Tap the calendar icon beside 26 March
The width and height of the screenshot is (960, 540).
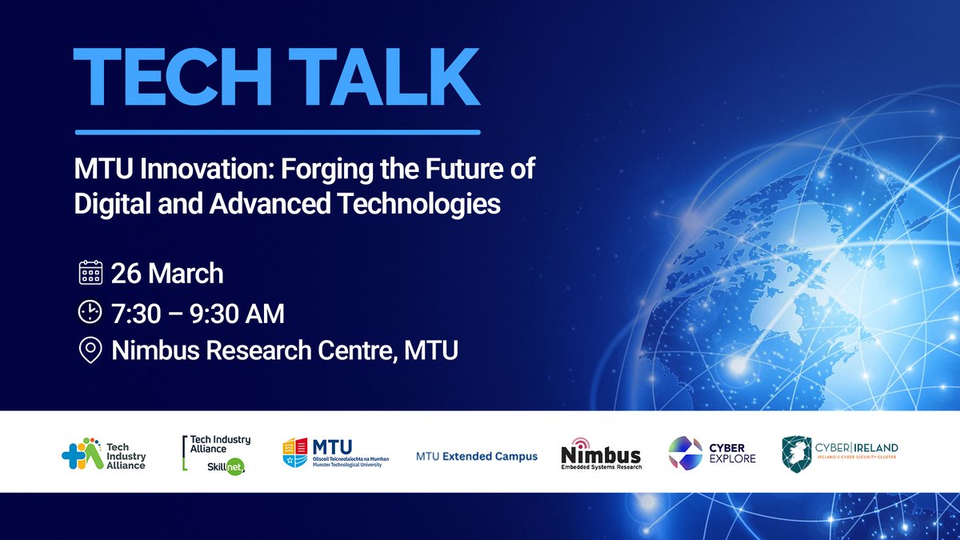(90, 273)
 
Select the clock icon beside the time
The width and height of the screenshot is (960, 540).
(90, 312)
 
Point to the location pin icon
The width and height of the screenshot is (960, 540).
(90, 350)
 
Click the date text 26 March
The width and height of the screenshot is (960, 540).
(167, 274)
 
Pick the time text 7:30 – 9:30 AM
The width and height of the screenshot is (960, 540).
(198, 313)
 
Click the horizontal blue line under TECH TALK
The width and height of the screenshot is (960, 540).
(277, 132)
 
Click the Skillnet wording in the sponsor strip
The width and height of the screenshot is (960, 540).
(223, 467)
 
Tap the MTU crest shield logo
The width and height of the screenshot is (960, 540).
(294, 453)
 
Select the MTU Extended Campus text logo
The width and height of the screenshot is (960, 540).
(477, 457)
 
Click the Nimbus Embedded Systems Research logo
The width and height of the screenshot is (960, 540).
(601, 454)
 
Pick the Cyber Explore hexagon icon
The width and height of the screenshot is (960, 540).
(686, 453)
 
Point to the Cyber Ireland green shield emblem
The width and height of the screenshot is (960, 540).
(796, 454)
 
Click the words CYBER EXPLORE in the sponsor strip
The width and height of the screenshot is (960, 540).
(729, 453)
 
